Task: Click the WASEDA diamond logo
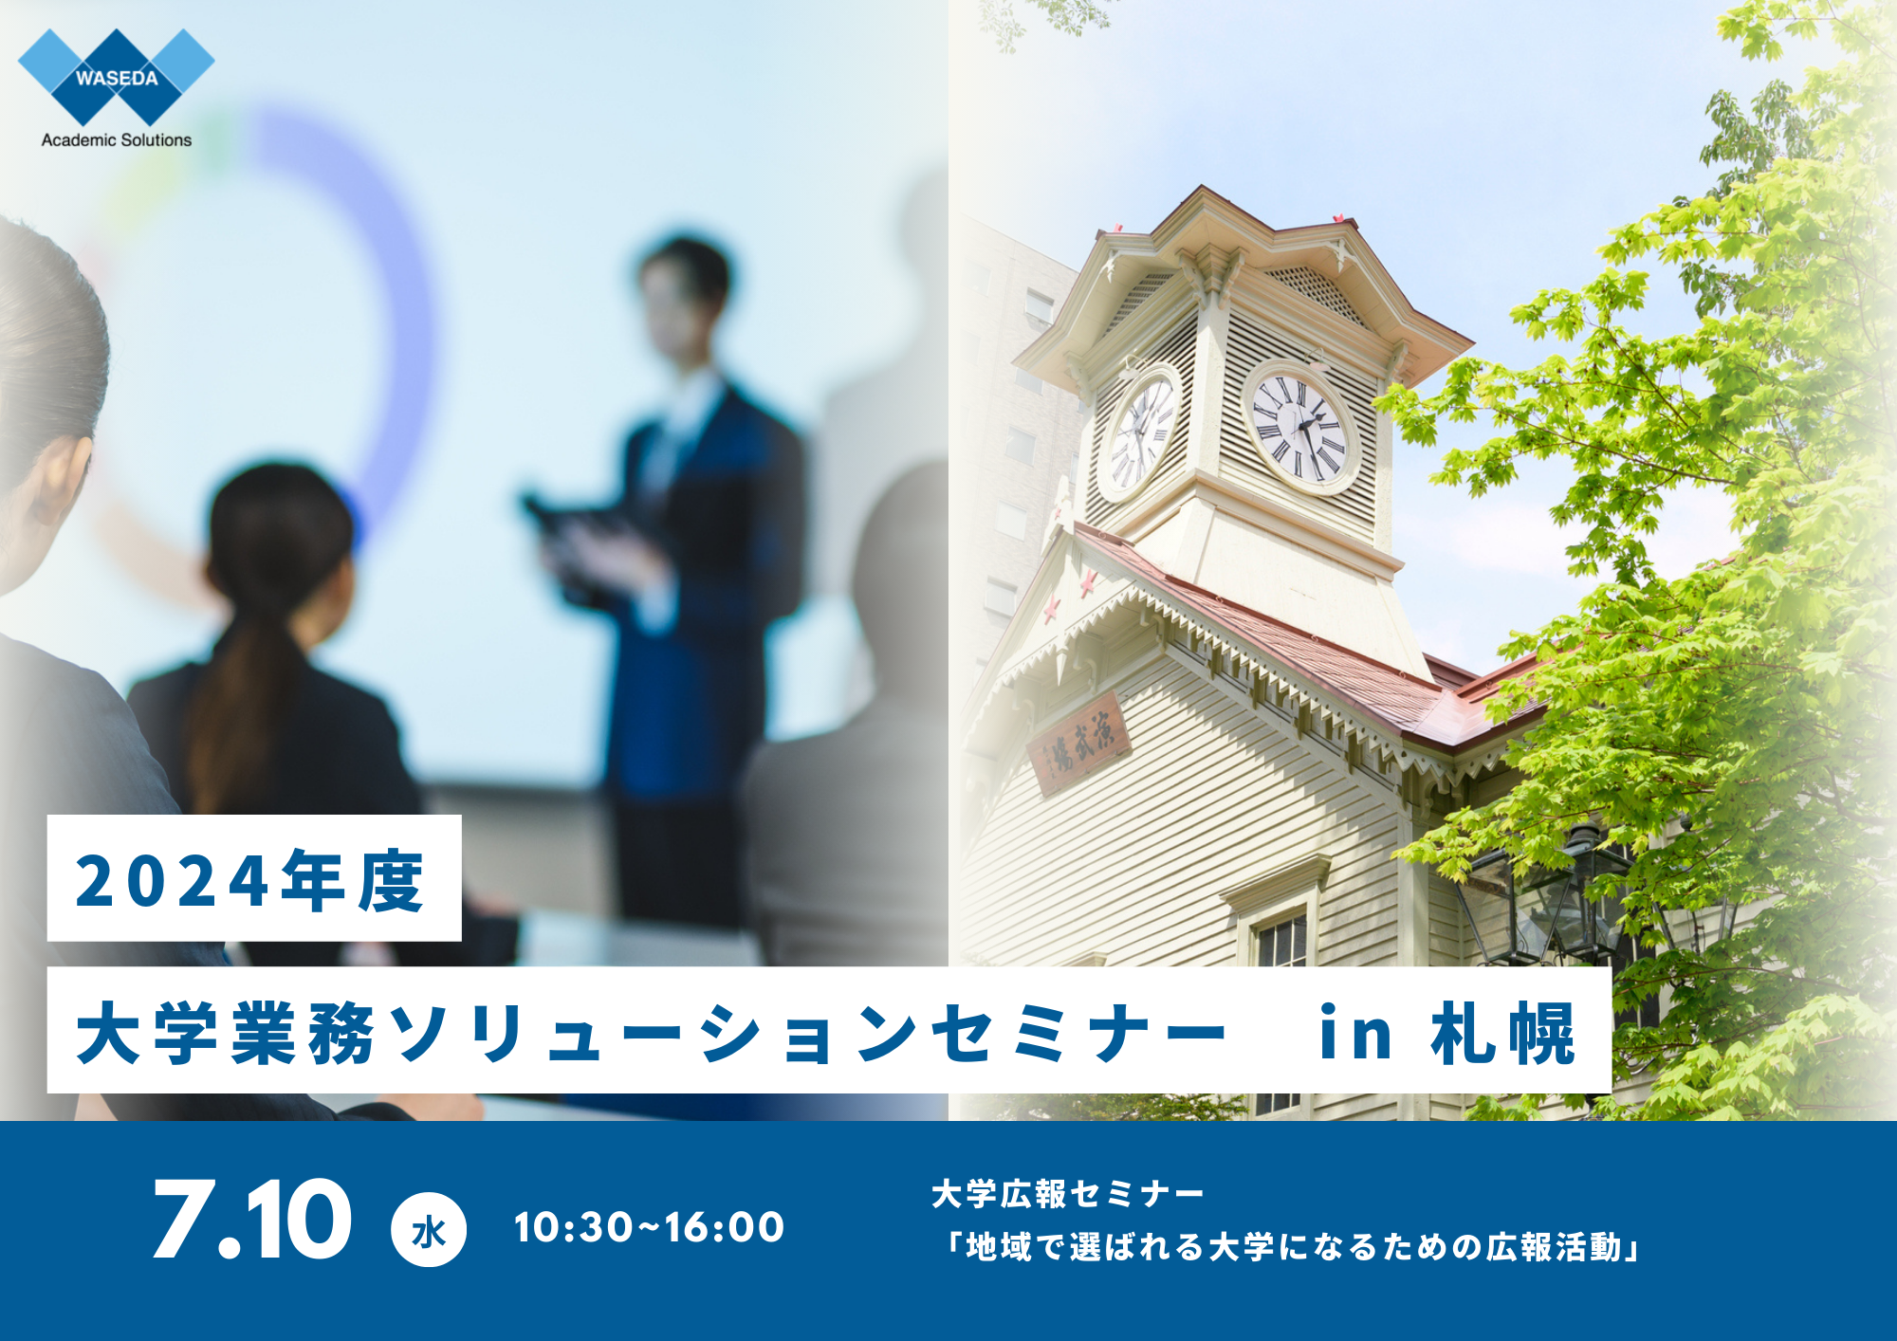[x=117, y=77]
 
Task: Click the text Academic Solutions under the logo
[x=117, y=140]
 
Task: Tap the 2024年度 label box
[x=254, y=878]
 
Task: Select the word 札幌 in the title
[x=1503, y=1033]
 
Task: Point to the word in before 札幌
[x=1356, y=1033]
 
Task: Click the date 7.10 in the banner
[x=252, y=1220]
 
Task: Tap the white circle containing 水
[x=429, y=1230]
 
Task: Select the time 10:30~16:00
[x=649, y=1227]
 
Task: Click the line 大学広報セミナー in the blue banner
[x=1068, y=1194]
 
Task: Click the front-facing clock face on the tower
[x=1300, y=427]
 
